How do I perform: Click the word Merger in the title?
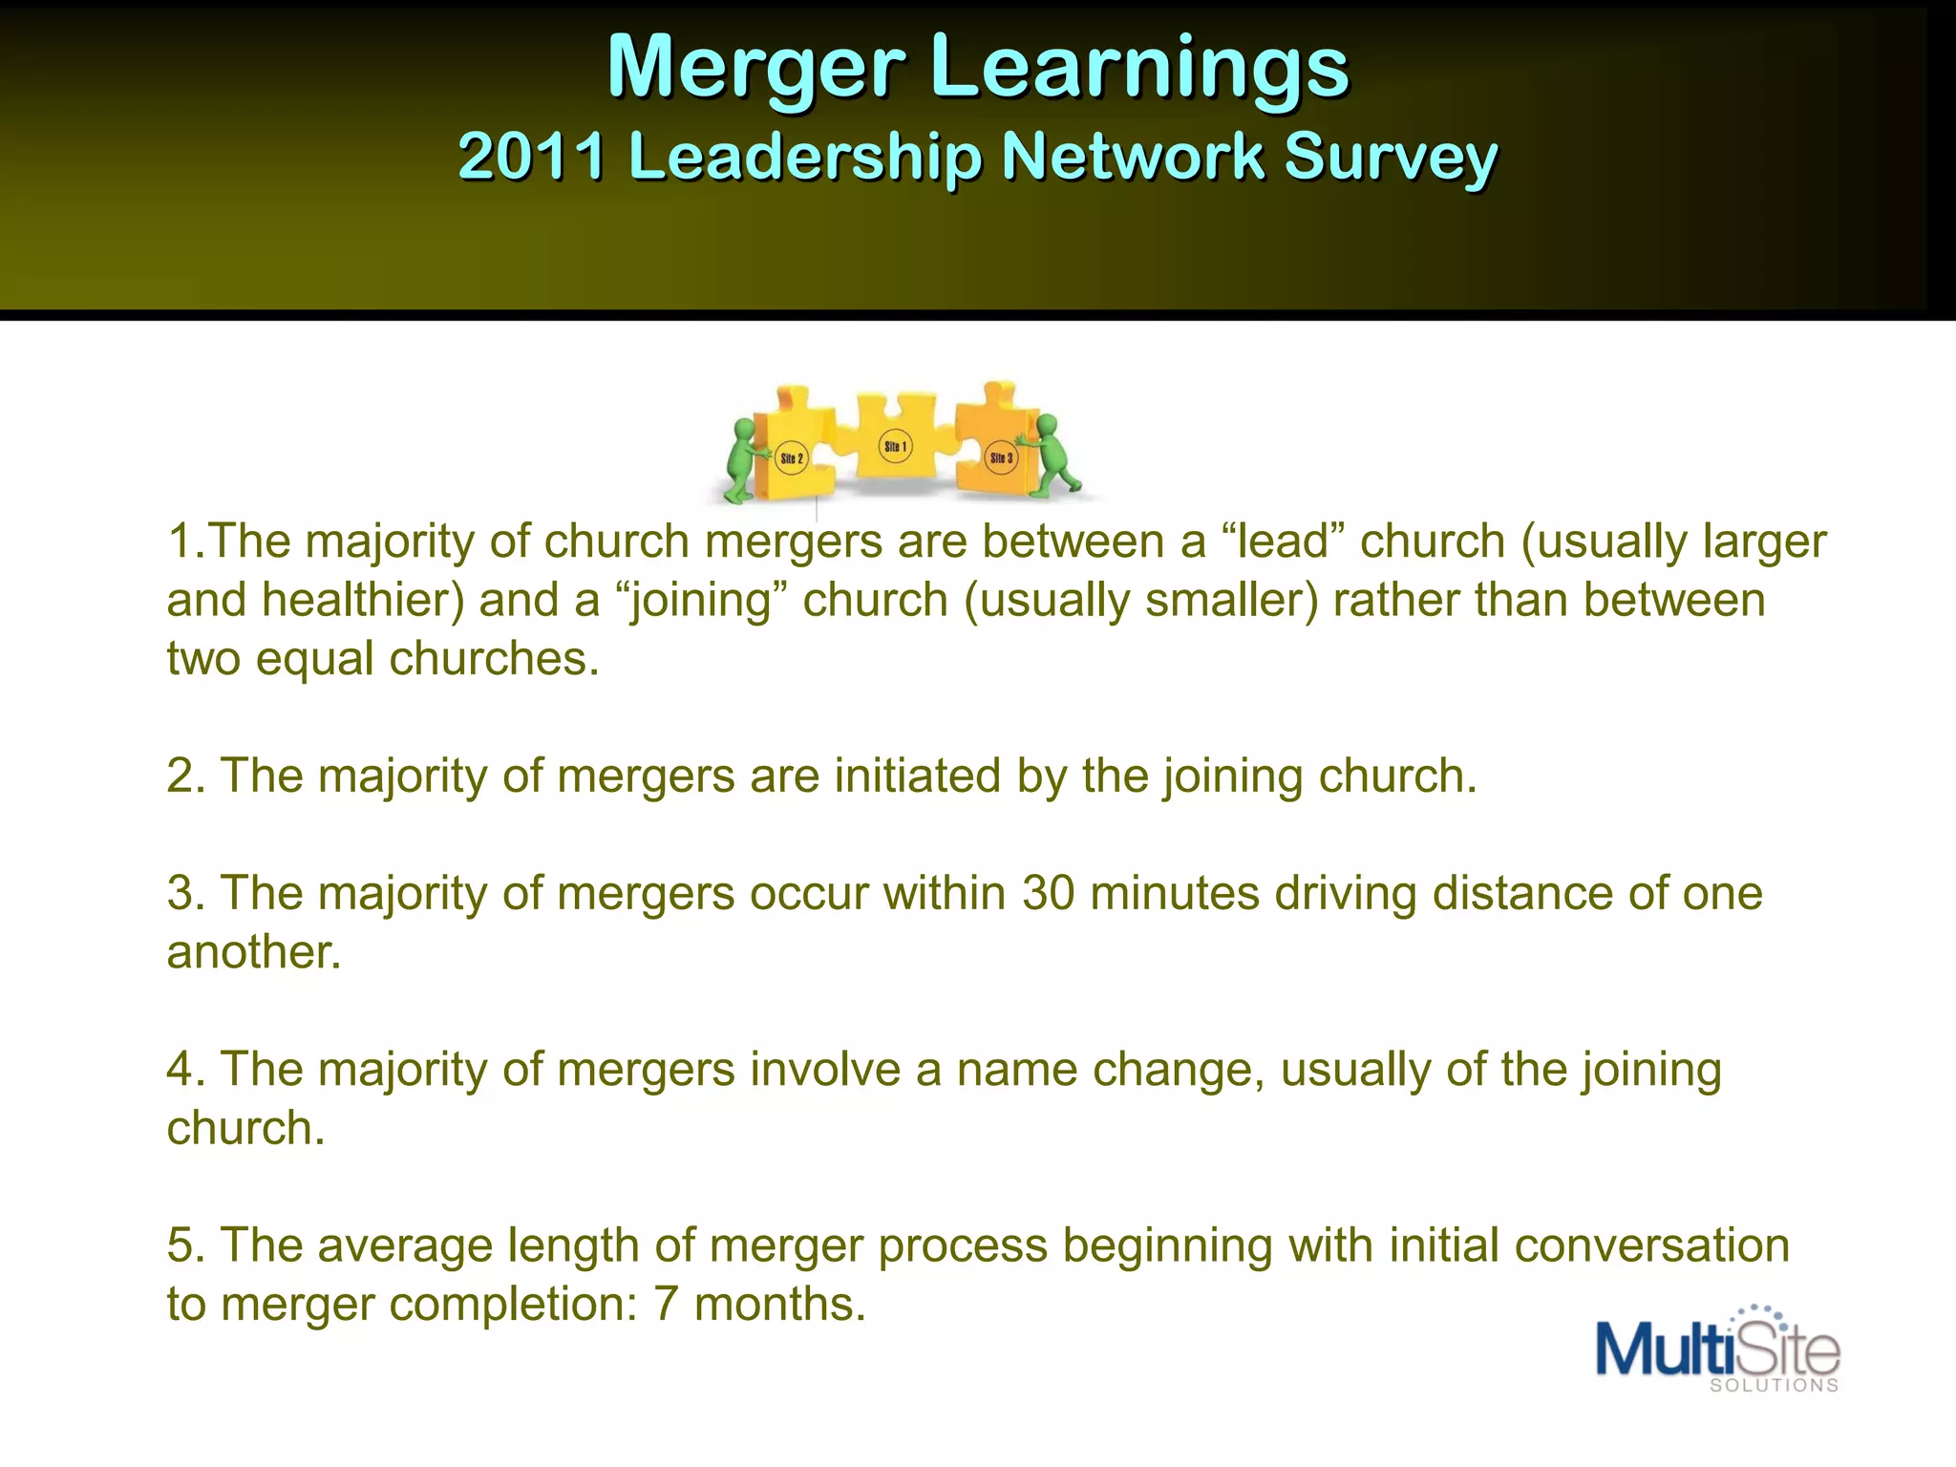(755, 67)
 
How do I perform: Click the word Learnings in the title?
(1139, 67)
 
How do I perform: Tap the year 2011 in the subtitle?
(531, 156)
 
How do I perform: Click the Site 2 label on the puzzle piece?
(792, 458)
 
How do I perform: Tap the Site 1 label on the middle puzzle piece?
(895, 446)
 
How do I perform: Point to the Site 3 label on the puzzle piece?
(1001, 457)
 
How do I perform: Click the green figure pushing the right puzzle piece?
(1052, 456)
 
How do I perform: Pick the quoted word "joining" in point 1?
(701, 601)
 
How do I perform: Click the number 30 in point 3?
(1048, 894)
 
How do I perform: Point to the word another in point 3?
(253, 952)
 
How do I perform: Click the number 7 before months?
(666, 1305)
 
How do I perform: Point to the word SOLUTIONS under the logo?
(1774, 1386)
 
